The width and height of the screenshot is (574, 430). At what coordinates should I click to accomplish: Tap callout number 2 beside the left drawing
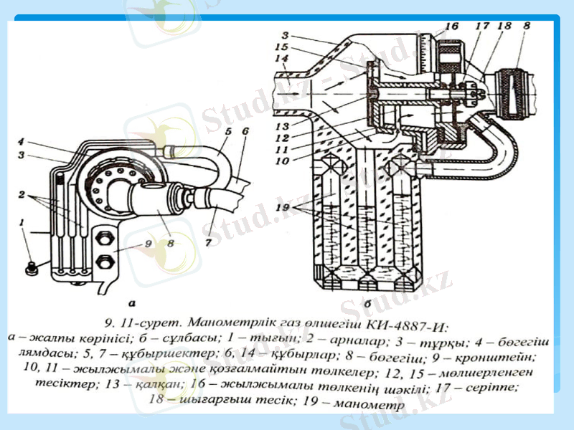click(22, 193)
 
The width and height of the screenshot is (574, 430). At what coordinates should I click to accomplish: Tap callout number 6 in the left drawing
click(245, 132)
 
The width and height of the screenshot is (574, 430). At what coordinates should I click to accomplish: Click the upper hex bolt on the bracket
click(102, 238)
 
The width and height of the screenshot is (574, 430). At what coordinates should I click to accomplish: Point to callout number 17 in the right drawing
click(482, 27)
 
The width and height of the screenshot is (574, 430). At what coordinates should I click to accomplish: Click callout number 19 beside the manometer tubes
click(285, 207)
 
